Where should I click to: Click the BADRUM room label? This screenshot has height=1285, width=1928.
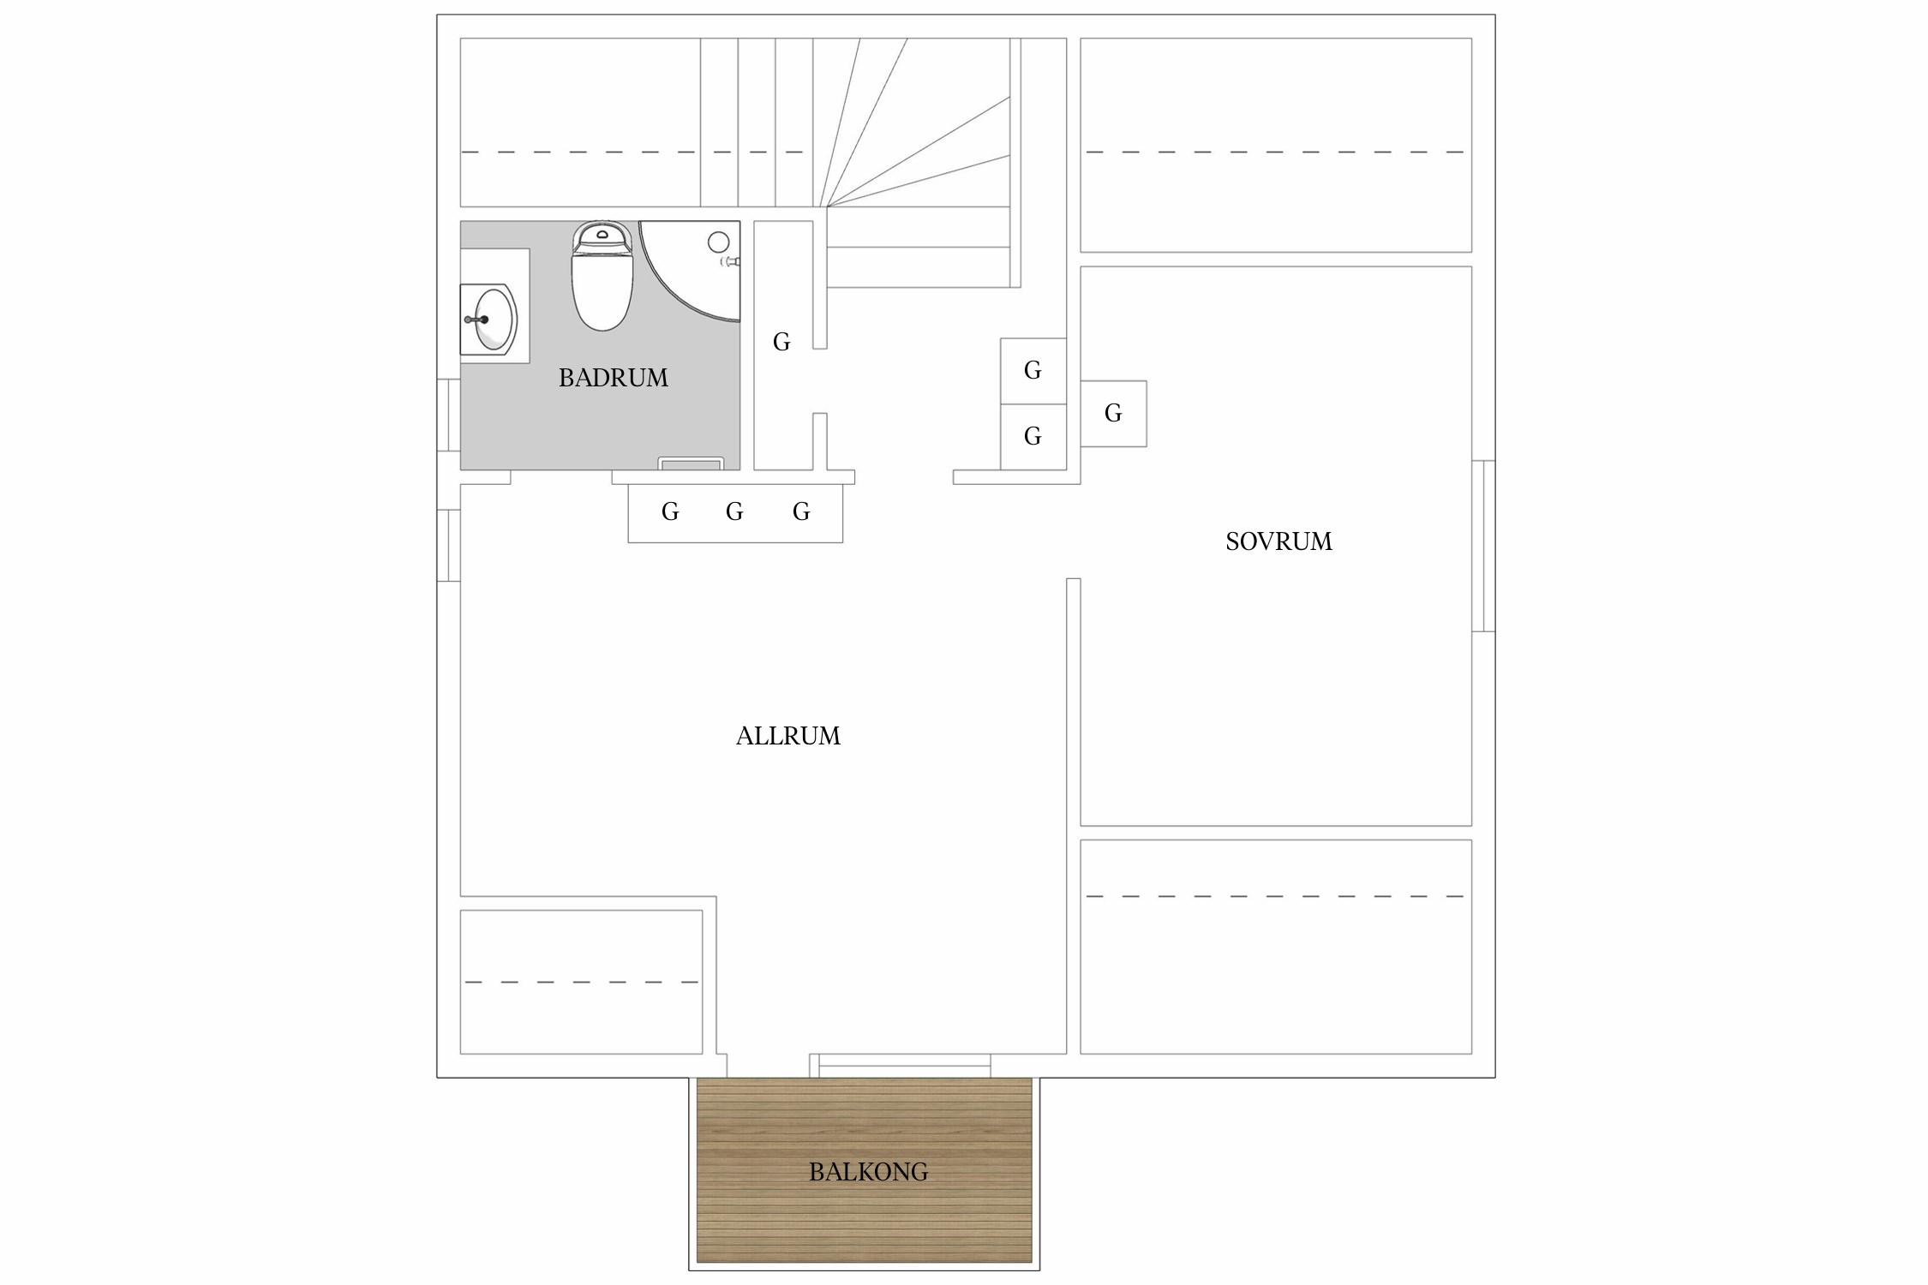tap(613, 378)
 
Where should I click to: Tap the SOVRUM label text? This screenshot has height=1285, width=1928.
tap(1278, 541)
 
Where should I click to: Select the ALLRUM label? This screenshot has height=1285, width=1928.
tap(788, 736)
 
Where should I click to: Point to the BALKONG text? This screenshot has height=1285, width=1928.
tap(868, 1172)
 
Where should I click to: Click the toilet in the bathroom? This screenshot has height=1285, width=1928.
tap(602, 276)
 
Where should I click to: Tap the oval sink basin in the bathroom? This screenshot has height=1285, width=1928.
tap(494, 320)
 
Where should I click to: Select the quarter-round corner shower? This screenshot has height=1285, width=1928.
tap(691, 271)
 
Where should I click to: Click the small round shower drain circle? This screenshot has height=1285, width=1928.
tap(718, 242)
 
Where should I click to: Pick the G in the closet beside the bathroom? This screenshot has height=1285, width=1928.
tap(781, 343)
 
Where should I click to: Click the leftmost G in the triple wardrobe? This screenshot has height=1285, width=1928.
tap(670, 512)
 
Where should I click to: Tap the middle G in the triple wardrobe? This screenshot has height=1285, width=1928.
tap(734, 512)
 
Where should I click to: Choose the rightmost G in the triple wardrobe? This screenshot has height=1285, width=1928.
tap(801, 512)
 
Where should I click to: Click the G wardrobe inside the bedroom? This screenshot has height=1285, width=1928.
tap(1113, 414)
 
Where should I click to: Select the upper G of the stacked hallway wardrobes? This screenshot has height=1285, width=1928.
tap(1033, 371)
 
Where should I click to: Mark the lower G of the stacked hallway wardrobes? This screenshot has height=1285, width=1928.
tap(1033, 437)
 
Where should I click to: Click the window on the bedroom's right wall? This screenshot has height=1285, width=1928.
tap(1483, 546)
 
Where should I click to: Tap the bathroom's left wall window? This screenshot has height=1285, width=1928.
tap(449, 415)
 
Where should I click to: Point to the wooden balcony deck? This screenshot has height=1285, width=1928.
tap(865, 1169)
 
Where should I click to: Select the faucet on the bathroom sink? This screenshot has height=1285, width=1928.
tap(476, 320)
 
